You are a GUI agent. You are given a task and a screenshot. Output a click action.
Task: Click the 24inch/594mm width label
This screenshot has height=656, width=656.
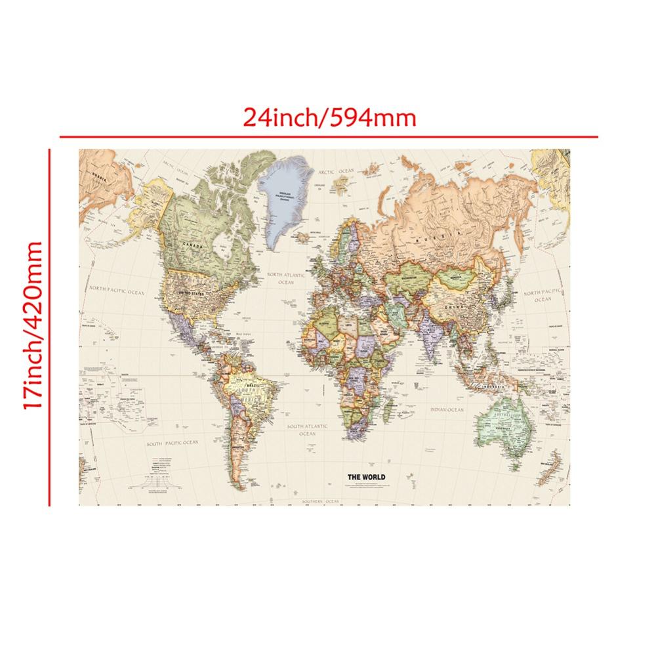click(x=329, y=117)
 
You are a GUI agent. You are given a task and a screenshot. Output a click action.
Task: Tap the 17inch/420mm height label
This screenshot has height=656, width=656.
click(x=32, y=326)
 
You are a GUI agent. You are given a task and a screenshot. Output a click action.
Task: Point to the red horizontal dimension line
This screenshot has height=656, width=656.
click(x=328, y=136)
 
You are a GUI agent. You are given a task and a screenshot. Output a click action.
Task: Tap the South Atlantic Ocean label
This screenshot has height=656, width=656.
click(x=308, y=430)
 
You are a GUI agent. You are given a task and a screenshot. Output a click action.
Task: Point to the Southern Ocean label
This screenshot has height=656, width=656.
click(x=320, y=501)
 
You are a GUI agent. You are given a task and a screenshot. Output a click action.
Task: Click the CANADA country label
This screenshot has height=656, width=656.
click(x=193, y=245)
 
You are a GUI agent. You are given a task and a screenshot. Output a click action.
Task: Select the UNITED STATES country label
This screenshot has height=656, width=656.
click(x=192, y=293)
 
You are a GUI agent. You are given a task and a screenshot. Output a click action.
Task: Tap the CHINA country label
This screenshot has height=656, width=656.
click(x=451, y=307)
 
